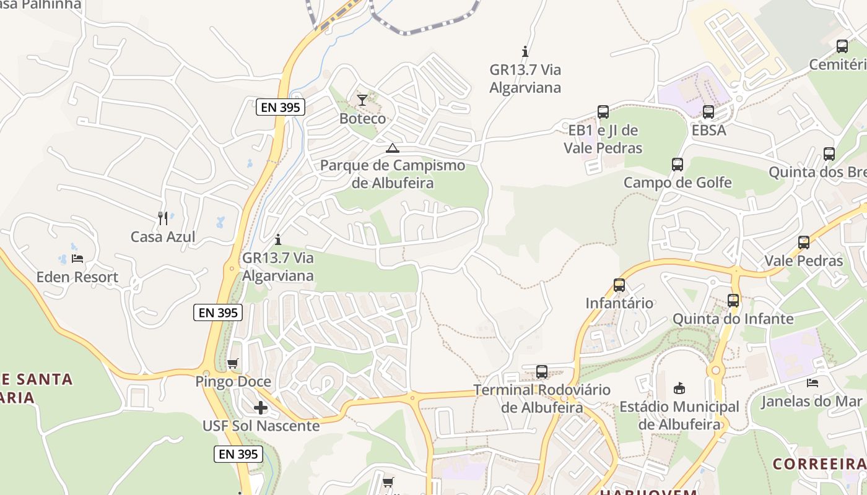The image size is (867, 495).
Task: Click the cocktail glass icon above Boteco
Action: tap(362, 100)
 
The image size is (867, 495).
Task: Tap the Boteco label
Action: tap(362, 118)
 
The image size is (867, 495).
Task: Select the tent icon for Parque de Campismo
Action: tap(392, 148)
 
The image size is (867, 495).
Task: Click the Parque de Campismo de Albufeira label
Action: tap(393, 174)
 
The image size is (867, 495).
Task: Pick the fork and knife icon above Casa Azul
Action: tap(163, 218)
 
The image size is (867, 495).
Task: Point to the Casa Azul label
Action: tap(163, 236)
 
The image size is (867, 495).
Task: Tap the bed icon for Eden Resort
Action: tap(77, 258)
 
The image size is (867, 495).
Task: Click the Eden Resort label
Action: tap(77, 277)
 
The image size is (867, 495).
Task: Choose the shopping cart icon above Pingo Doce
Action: tap(233, 363)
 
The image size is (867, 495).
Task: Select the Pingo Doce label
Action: tap(233, 382)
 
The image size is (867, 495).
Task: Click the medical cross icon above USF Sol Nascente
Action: tap(261, 407)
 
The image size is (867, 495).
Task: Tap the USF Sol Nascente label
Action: tap(261, 426)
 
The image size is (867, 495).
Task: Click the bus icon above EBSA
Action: tap(708, 112)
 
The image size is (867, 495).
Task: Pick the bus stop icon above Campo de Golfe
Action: tap(677, 164)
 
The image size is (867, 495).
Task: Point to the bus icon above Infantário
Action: tap(619, 285)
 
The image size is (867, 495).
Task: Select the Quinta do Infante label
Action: tap(733, 319)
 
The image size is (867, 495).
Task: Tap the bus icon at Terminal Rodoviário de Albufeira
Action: tap(542, 371)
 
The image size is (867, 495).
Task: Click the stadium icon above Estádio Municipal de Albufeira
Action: tap(679, 388)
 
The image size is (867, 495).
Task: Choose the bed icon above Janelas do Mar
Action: tap(813, 383)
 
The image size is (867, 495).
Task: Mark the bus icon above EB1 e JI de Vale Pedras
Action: tap(603, 112)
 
